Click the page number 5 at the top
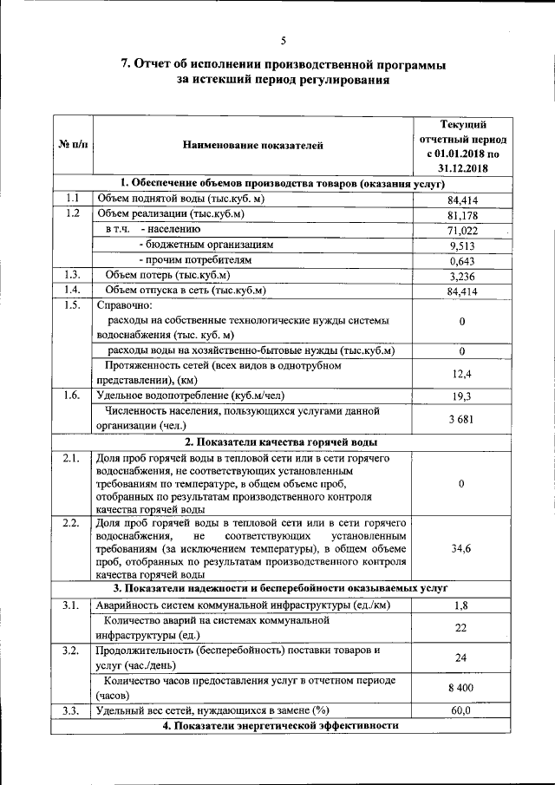point(283,41)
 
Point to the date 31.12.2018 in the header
point(462,167)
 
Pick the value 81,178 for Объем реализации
point(462,215)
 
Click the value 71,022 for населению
point(462,231)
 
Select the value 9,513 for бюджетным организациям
point(462,246)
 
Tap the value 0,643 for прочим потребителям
point(462,261)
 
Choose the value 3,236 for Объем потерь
point(462,277)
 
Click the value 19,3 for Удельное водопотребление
point(462,396)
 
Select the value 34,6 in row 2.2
point(462,549)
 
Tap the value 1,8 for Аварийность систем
point(462,605)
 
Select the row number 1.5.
point(73,306)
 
